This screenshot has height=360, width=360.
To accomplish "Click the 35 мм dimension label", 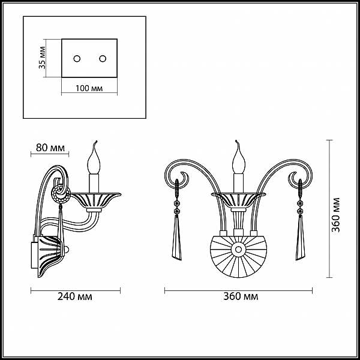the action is point(42,58).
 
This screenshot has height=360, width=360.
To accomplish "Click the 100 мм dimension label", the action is point(89,88).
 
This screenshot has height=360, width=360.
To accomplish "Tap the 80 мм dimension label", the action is point(50,148).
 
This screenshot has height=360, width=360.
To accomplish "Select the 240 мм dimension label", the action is point(74,296).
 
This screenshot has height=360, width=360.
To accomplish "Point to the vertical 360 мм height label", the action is point(336,215).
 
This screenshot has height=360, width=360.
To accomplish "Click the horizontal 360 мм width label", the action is point(241,296).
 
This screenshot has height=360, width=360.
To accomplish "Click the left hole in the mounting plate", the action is point(77,59).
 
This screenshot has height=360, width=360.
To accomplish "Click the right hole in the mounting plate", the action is point(103,59).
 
